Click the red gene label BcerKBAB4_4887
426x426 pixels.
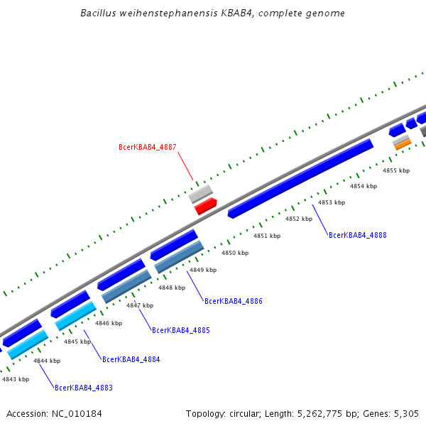click(x=147, y=148)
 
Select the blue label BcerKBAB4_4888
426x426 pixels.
click(x=358, y=235)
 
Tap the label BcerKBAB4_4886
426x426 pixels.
click(x=234, y=302)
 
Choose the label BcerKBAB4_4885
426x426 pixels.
click(x=181, y=331)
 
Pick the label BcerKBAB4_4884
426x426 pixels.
click(x=131, y=360)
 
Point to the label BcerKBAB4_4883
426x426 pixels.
click(x=84, y=388)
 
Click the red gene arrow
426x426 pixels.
click(x=205, y=206)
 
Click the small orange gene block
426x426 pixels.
click(x=403, y=145)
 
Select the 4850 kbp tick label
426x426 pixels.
click(x=235, y=253)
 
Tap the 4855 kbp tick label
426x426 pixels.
click(x=396, y=170)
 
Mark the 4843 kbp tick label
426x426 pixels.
click(x=16, y=379)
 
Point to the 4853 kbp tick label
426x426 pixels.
click(x=332, y=203)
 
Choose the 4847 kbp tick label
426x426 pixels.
click(x=140, y=305)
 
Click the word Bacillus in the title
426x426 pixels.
click(x=100, y=13)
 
